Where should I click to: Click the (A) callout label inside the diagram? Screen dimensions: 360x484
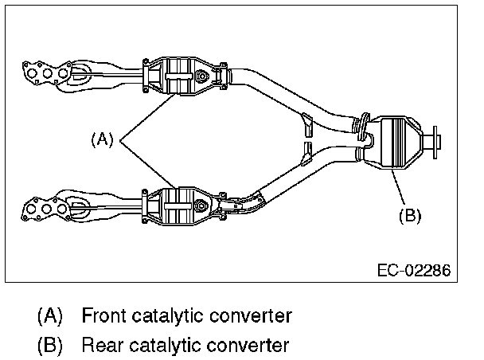click(x=101, y=139)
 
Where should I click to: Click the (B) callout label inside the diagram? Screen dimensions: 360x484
click(x=408, y=214)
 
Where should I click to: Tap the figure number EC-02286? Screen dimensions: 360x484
click(x=413, y=270)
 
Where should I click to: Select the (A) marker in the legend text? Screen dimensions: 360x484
click(x=50, y=316)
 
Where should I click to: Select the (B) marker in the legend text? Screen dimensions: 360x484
click(x=50, y=346)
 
